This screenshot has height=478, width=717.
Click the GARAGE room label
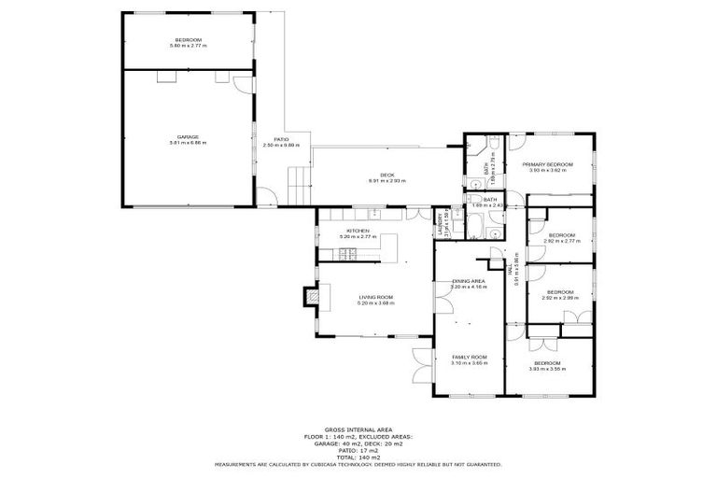188,136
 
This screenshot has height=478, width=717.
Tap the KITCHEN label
358,231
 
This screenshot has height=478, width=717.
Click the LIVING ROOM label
376,297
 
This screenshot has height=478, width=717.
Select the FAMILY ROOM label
470,357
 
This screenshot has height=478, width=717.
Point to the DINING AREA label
468,281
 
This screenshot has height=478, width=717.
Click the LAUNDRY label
438,225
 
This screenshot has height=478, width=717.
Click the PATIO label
281,139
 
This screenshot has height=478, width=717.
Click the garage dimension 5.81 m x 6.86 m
188,143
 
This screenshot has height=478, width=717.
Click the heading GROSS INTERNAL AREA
358,429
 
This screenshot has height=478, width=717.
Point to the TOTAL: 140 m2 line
358,457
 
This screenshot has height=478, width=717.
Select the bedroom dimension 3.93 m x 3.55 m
547,369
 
